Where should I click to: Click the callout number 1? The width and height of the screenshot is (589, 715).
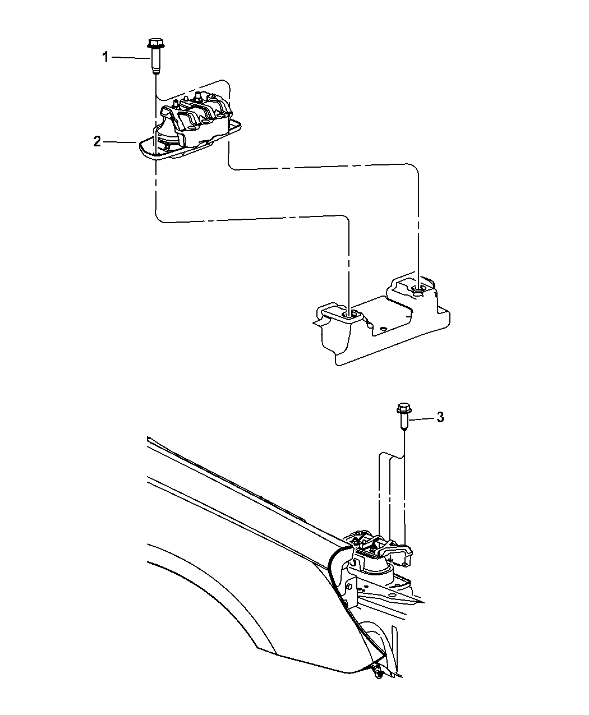coord(105,57)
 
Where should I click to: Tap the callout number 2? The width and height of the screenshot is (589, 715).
coord(97,141)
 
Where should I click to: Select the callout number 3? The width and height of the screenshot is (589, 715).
coord(440,417)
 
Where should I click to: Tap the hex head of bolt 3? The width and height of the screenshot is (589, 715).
coord(404,408)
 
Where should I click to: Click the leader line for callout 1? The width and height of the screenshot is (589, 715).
coord(130,58)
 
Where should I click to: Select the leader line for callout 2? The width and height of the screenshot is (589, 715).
coord(120,142)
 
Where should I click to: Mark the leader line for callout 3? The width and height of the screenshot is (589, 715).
coord(421,418)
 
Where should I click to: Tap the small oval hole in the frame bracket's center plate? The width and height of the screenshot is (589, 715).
coord(384,329)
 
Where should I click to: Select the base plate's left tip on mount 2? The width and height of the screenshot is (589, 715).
coord(140,145)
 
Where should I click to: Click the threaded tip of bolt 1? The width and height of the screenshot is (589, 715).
coord(155,71)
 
